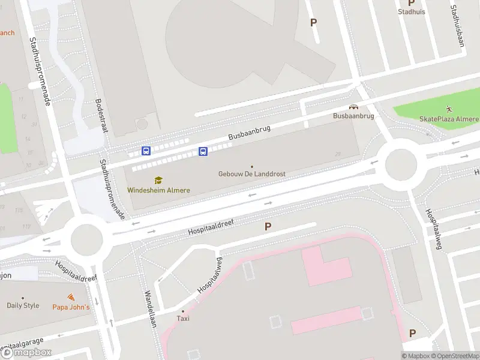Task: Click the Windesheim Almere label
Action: pos(158,190)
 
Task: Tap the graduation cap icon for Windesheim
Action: pos(158,180)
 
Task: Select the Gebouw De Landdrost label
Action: pos(251,174)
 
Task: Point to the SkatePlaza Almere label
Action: pos(449,119)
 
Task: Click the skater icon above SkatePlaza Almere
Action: pos(449,109)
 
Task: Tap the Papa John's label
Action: pos(70,307)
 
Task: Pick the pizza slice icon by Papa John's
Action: pos(71,298)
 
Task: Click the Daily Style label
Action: pos(23,305)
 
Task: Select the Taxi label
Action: pos(183,319)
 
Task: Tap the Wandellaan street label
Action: pos(150,309)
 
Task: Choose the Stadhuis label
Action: pos(411,11)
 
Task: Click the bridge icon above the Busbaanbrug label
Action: pos(353,106)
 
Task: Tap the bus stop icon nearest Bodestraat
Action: pos(146,151)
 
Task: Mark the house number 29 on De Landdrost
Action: pos(338,154)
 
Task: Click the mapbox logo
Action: pos(26,353)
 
